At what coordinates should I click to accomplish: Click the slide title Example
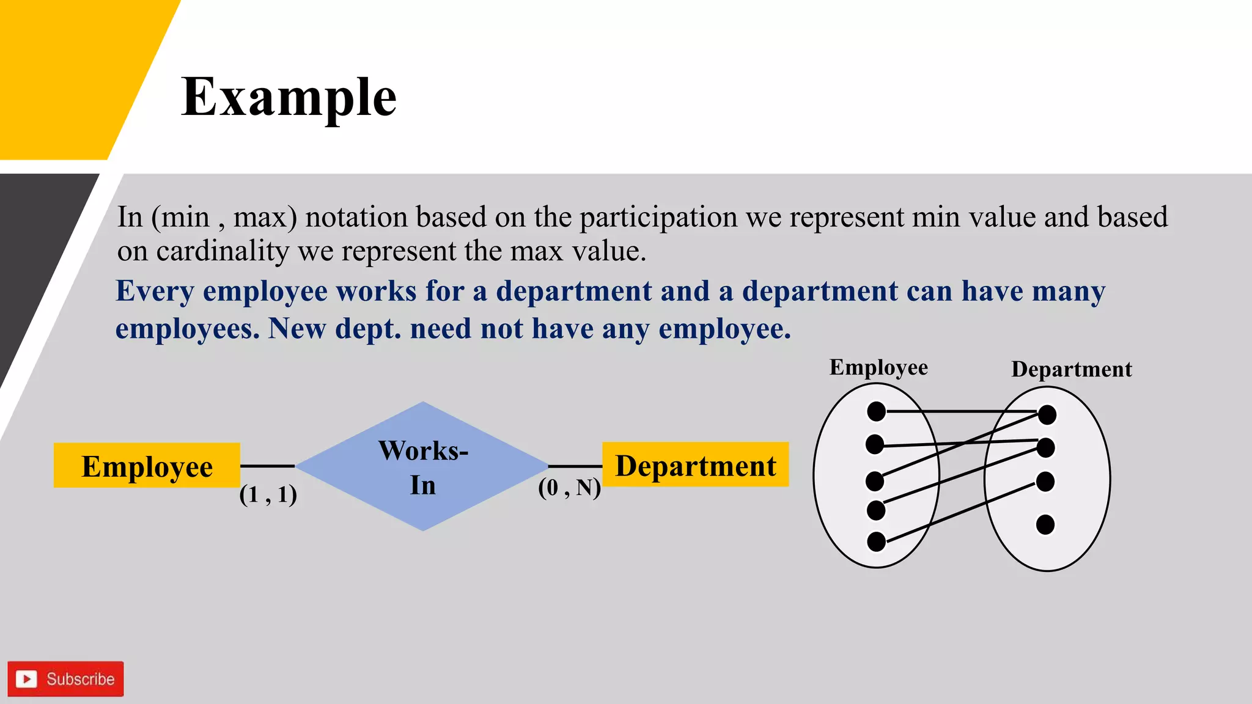(289, 98)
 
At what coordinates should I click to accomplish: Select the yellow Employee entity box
(147, 466)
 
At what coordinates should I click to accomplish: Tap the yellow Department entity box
(695, 465)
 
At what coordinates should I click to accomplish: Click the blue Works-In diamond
(422, 466)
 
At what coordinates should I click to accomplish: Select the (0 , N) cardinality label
(569, 488)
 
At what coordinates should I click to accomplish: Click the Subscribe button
(65, 678)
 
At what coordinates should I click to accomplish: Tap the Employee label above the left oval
(878, 367)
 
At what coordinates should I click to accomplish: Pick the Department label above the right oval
(1071, 369)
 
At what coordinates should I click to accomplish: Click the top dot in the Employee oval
(876, 411)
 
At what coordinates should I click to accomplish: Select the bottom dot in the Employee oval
(876, 541)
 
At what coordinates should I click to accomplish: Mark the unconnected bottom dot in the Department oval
(1045, 524)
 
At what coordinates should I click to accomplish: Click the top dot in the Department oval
(1047, 415)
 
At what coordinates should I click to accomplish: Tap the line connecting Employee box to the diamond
(268, 466)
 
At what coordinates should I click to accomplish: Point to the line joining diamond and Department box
(575, 466)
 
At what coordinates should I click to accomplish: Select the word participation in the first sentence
(658, 218)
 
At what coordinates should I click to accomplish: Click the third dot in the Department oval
(1045, 482)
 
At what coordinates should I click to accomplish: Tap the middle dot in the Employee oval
(875, 481)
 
